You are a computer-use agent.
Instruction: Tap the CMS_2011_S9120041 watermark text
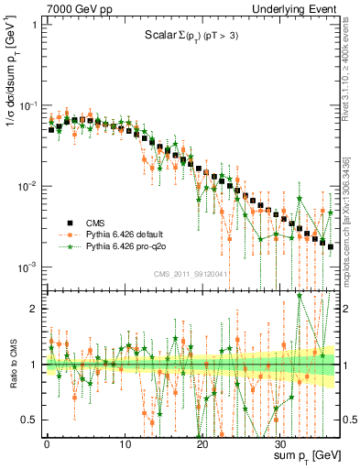[x=190, y=274]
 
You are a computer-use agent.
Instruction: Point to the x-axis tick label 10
[x=124, y=441]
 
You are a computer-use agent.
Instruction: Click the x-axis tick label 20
[x=201, y=441]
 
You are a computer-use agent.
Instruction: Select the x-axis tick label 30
[x=278, y=441]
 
